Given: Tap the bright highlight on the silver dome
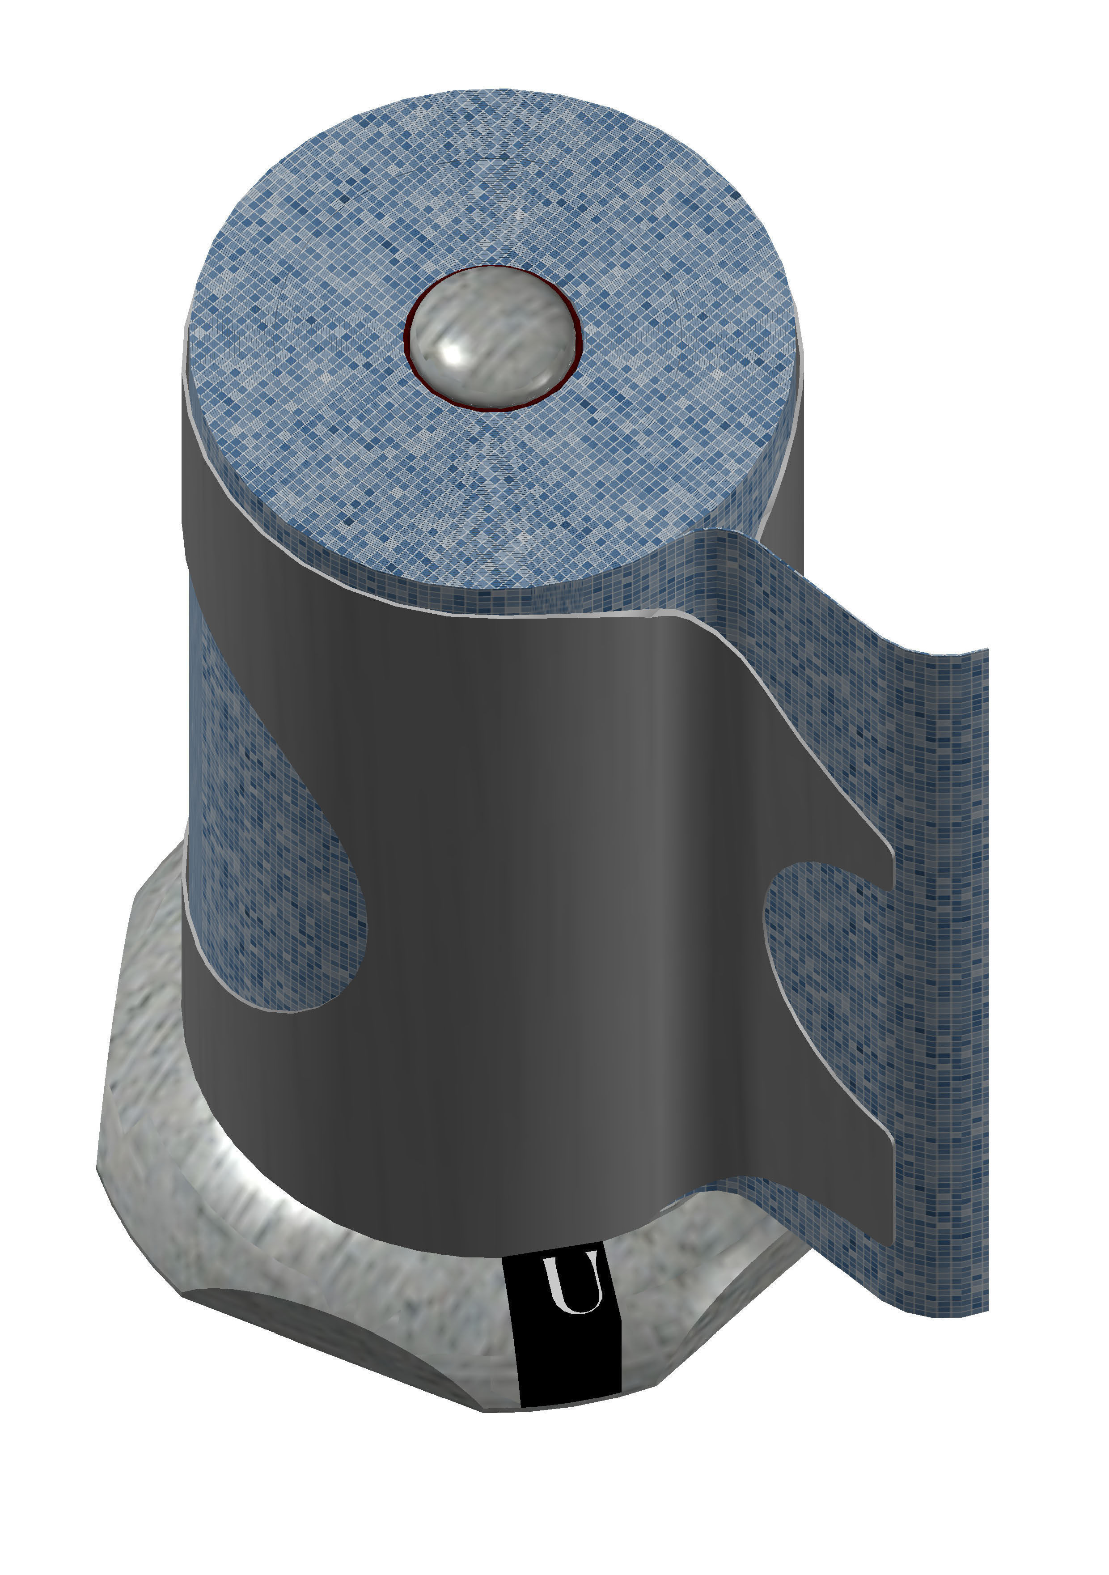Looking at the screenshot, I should (454, 353).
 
